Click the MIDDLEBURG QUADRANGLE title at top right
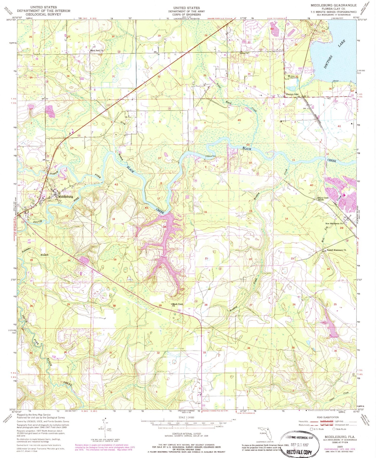click(333, 5)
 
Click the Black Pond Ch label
click(97, 50)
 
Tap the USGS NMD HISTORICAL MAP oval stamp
click(299, 438)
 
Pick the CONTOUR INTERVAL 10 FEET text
click(186, 434)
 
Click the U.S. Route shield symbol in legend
click(311, 429)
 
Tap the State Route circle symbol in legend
click(334, 429)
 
